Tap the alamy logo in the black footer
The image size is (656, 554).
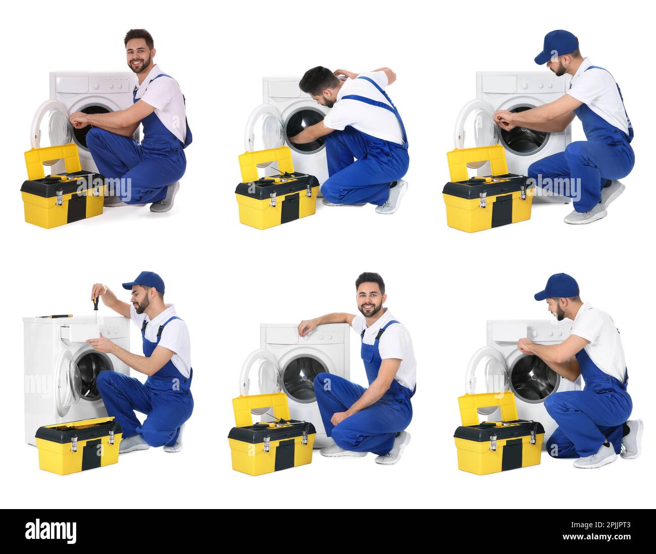51,531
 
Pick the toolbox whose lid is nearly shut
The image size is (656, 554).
78,444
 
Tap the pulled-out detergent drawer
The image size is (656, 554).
79,332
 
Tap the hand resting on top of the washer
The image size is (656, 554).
305,328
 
